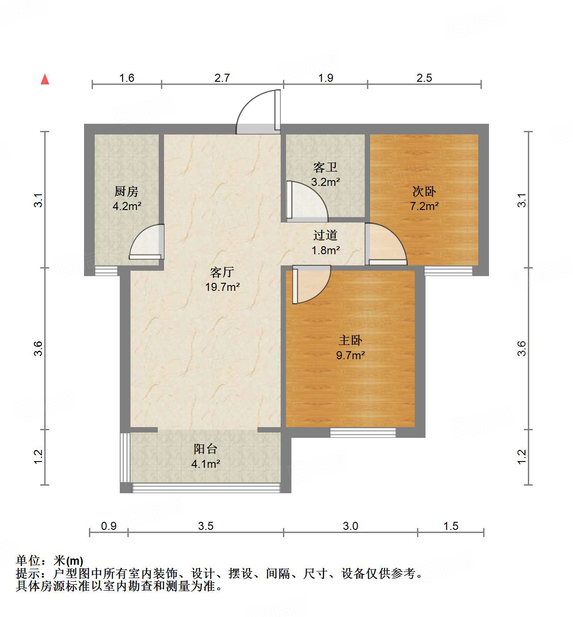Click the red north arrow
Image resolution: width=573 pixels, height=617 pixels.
pyautogui.click(x=45, y=79)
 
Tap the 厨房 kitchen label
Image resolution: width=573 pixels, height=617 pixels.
pyautogui.click(x=126, y=192)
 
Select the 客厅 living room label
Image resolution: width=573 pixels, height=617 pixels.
pyautogui.click(x=222, y=272)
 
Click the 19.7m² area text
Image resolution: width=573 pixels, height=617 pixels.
pyautogui.click(x=222, y=287)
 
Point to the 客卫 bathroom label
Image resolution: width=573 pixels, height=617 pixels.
pyautogui.click(x=325, y=168)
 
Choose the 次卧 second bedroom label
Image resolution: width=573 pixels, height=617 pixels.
pyautogui.click(x=424, y=192)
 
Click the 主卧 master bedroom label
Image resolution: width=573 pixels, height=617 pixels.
pyautogui.click(x=350, y=340)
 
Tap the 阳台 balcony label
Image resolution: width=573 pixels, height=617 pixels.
pyautogui.click(x=205, y=449)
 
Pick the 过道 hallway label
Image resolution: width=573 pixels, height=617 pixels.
pyautogui.click(x=325, y=235)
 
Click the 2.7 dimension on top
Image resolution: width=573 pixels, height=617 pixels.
pyautogui.click(x=222, y=78)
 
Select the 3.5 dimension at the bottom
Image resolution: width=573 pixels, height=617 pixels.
pyautogui.click(x=206, y=526)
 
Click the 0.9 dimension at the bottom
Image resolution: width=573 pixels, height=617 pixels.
pyautogui.click(x=109, y=526)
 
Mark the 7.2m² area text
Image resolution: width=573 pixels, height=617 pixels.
pyautogui.click(x=424, y=206)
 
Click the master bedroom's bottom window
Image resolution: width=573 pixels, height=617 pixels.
pyautogui.click(x=363, y=432)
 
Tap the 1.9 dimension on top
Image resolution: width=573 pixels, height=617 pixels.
pyautogui.click(x=325, y=78)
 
